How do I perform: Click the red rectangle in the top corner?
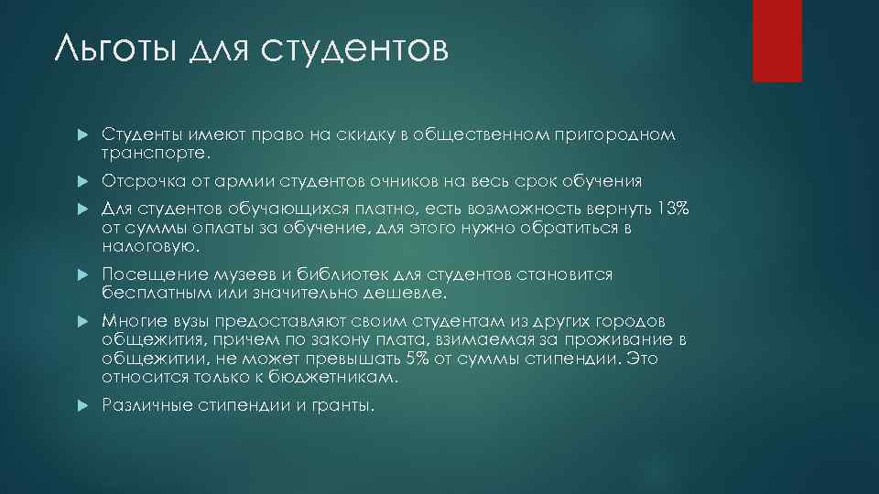(x=777, y=40)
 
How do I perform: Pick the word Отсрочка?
(x=138, y=181)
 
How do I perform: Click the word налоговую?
(x=149, y=247)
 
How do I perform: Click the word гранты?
(x=344, y=405)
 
